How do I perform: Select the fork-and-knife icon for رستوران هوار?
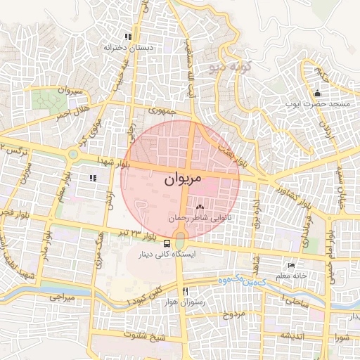click(x=185, y=290)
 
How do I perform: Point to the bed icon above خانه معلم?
click(x=291, y=265)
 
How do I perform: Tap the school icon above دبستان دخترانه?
click(x=127, y=37)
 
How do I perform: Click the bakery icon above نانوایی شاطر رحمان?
click(x=200, y=207)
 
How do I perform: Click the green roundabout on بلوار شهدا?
click(x=72, y=154)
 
